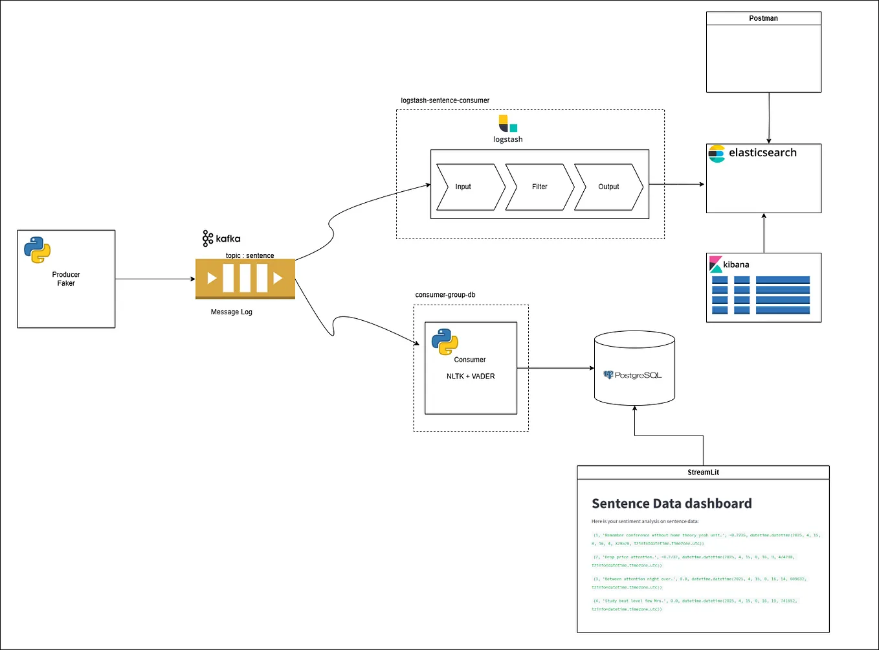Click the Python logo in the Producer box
(38, 250)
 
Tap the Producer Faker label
(66, 279)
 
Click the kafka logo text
(221, 238)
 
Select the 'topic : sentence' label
(249, 255)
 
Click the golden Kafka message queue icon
(245, 279)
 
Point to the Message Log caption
(231, 312)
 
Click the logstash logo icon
(507, 124)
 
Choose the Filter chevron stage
(539, 187)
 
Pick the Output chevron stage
(608, 187)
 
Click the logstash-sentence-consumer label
(445, 100)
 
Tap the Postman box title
(763, 18)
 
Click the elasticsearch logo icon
(717, 154)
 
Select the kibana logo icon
(715, 264)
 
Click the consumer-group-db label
(445, 295)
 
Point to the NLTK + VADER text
(471, 376)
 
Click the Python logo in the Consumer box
(445, 342)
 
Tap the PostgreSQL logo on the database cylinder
(632, 375)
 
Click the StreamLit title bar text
(703, 472)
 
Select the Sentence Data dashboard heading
(671, 504)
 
